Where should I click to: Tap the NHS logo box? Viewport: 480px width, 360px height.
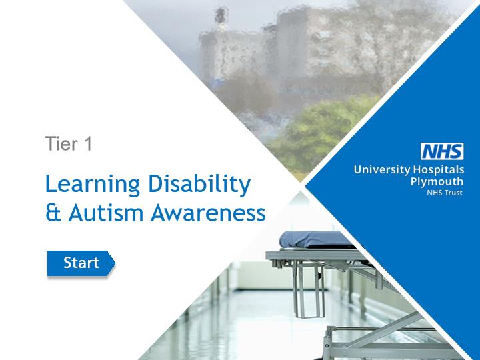(x=442, y=151)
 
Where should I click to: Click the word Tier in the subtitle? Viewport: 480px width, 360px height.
(x=61, y=143)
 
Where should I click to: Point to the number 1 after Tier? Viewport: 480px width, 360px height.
(x=88, y=143)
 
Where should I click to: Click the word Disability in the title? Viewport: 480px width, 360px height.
(x=199, y=185)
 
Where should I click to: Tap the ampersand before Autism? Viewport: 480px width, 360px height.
(x=53, y=213)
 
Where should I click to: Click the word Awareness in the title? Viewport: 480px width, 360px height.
(x=208, y=213)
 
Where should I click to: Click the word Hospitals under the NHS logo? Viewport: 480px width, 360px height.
(x=439, y=169)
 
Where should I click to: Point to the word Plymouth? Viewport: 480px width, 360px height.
(x=437, y=181)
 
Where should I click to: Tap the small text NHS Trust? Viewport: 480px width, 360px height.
(x=445, y=193)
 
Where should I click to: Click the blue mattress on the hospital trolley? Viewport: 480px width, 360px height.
(x=315, y=239)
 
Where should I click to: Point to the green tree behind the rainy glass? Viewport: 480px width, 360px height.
(x=325, y=135)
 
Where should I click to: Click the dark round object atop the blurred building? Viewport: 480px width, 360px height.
(x=221, y=15)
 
